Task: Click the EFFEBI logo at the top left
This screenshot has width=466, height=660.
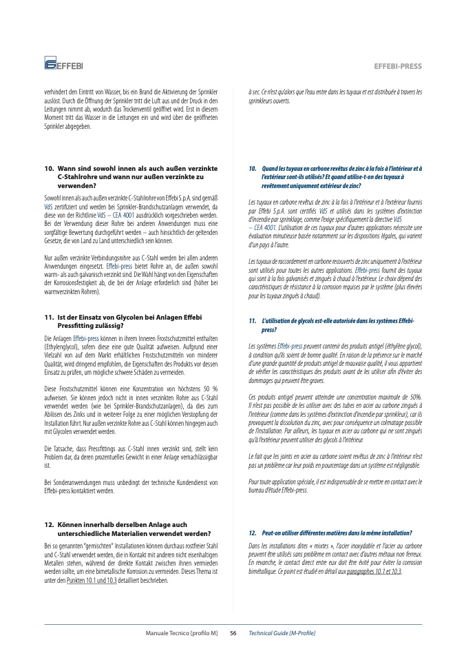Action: click(63, 65)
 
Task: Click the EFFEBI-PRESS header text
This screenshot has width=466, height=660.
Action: click(397, 66)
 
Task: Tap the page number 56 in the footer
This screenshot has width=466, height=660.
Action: click(233, 632)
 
